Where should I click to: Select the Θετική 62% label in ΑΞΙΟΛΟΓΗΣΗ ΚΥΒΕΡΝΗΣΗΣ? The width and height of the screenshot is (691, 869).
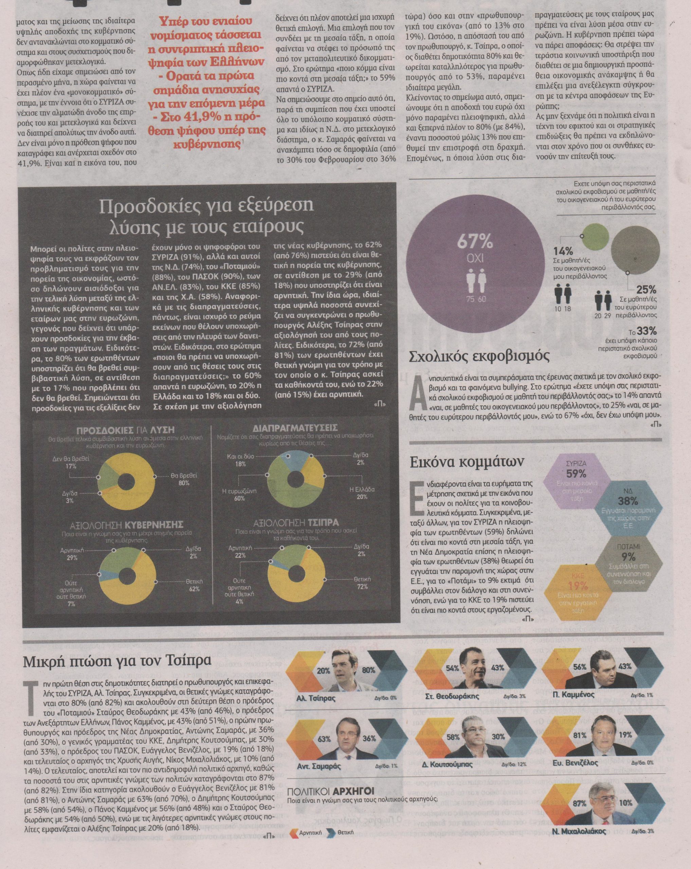tap(194, 585)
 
